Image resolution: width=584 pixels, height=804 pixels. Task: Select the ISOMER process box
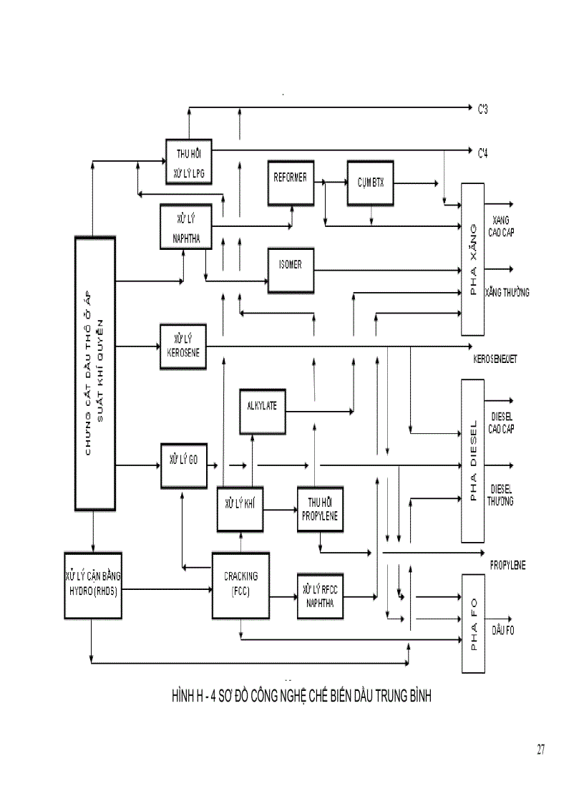tap(290, 270)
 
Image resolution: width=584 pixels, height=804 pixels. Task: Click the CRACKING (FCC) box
tap(240, 585)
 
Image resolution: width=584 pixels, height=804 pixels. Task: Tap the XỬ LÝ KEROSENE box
tap(182, 347)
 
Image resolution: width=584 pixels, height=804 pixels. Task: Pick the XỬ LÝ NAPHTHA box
tap(186, 226)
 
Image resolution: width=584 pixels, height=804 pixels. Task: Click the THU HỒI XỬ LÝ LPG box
tap(188, 162)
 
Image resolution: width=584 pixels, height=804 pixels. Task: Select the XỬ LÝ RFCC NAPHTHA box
tap(320, 595)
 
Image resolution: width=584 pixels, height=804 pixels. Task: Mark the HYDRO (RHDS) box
tap(93, 584)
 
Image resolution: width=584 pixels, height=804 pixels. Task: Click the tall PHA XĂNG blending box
tap(472, 258)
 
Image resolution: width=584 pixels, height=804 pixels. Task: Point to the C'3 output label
tap(484, 110)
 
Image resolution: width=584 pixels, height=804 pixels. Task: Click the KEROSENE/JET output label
tap(495, 358)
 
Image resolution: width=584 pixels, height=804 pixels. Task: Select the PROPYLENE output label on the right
tap(508, 565)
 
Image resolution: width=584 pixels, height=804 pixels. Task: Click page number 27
tap(540, 750)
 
